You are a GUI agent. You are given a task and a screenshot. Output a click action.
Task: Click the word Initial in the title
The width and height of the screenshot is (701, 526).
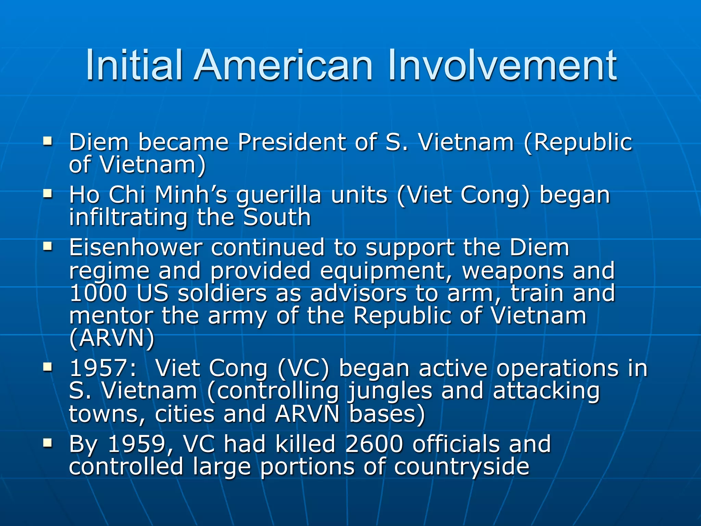click(133, 65)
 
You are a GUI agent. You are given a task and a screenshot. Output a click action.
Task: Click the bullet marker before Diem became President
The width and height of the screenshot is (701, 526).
click(48, 141)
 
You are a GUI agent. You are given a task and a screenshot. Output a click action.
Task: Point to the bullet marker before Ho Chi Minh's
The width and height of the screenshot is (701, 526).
click(48, 194)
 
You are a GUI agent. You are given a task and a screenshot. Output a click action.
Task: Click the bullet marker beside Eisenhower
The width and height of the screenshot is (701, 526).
click(48, 247)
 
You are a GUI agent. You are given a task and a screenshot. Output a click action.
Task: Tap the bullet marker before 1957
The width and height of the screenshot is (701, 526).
click(48, 368)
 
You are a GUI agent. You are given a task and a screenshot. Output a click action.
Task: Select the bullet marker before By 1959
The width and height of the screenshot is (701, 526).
click(48, 443)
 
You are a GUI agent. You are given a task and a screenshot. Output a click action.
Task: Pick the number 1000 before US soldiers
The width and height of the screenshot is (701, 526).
click(98, 293)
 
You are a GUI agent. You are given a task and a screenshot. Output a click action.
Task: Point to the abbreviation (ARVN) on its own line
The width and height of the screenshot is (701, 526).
click(112, 338)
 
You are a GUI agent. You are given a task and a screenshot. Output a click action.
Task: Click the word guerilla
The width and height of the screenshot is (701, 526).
click(279, 196)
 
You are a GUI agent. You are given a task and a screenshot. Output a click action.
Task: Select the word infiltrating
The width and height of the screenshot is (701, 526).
click(128, 217)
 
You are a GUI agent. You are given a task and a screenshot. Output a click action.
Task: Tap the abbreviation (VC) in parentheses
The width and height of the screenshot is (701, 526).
click(303, 369)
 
